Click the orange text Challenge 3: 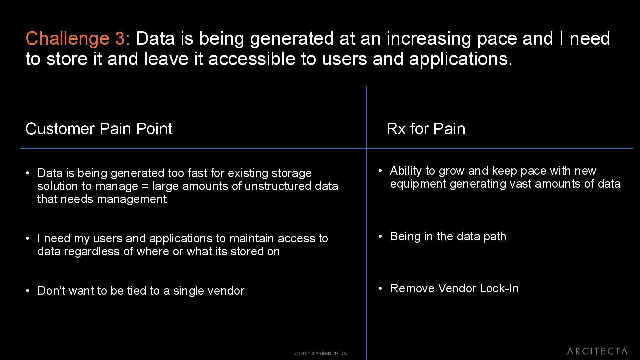[x=78, y=38]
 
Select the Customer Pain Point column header [x=99, y=129]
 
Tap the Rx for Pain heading [x=426, y=129]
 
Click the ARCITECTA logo [x=597, y=351]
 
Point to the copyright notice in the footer [x=320, y=353]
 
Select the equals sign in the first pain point [x=145, y=186]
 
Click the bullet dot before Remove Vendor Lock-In [x=380, y=288]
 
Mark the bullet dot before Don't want [x=28, y=290]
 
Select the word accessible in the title [x=252, y=59]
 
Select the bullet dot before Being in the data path [x=380, y=236]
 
